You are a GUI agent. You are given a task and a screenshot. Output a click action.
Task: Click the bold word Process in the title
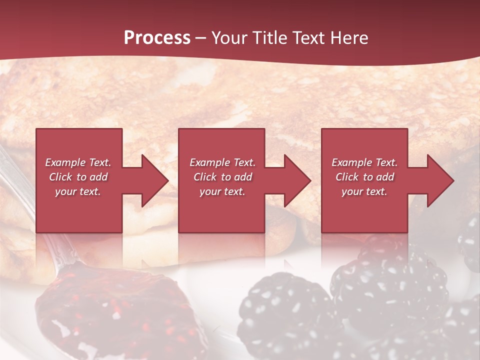pos(157,38)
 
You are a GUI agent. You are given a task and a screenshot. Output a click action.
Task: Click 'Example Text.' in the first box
pos(78,162)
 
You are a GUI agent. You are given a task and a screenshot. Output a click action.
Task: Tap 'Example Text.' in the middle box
pos(222,162)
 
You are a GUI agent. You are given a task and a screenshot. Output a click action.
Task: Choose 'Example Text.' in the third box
pos(364,162)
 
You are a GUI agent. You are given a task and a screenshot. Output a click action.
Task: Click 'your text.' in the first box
pos(78,191)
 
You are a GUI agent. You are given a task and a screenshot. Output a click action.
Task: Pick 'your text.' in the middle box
pos(222,191)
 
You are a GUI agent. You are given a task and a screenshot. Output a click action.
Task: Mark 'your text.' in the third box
pos(364,191)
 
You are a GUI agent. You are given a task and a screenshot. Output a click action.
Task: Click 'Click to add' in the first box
pos(78,177)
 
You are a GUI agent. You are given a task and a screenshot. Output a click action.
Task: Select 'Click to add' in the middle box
pos(222,177)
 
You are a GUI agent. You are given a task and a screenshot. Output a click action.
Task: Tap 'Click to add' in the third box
pos(364,177)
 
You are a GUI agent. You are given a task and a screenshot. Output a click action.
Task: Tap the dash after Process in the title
pos(200,38)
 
